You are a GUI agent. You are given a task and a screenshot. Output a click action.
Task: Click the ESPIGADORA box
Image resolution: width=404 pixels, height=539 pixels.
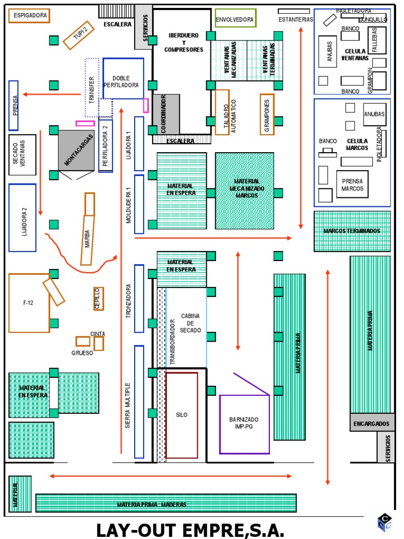click(x=29, y=16)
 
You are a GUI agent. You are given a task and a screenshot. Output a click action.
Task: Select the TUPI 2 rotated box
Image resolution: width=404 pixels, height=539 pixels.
click(x=78, y=36)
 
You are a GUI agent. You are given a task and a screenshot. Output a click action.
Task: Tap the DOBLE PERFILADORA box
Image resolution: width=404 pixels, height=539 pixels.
click(x=123, y=78)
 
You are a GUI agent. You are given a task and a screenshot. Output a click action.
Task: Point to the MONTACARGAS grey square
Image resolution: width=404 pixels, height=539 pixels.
click(x=76, y=151)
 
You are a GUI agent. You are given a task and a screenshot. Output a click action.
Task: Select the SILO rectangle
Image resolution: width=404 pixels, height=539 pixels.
click(x=181, y=415)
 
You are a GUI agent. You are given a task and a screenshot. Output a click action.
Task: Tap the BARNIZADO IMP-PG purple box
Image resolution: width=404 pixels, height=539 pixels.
click(x=244, y=424)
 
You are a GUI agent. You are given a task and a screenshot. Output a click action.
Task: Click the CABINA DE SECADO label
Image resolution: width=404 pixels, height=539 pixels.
click(x=190, y=323)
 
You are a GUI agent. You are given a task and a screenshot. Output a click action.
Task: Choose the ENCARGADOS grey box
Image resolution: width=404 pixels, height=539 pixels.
click(x=371, y=423)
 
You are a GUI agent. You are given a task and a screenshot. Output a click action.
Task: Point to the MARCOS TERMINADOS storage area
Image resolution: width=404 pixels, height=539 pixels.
click(x=352, y=231)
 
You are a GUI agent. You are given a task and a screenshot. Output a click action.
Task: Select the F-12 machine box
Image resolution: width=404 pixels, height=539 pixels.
click(x=28, y=303)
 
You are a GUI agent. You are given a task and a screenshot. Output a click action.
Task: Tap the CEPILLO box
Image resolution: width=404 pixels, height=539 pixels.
click(x=98, y=298)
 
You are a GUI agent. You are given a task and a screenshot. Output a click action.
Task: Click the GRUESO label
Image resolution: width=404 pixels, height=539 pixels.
click(x=83, y=353)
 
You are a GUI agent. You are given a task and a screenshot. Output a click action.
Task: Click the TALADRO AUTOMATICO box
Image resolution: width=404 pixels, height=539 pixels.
click(x=222, y=112)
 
